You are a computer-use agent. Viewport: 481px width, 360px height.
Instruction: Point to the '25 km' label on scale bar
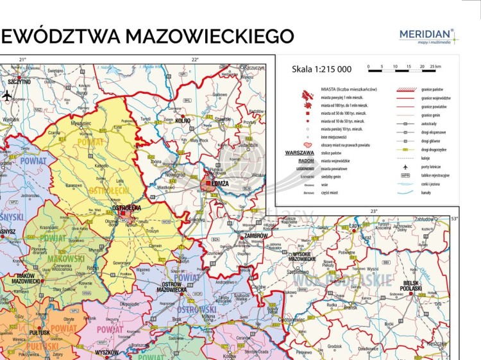point(435,67)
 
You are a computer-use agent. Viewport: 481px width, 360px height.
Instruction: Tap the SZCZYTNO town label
point(19,82)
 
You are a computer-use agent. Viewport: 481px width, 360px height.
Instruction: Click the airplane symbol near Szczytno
point(7,96)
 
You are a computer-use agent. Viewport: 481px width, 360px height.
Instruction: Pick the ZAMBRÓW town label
point(256,236)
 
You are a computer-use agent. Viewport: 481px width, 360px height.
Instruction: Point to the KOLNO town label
point(183,120)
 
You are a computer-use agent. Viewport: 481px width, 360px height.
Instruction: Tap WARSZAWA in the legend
point(299,153)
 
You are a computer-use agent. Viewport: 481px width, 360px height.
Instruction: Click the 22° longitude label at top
point(195,60)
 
